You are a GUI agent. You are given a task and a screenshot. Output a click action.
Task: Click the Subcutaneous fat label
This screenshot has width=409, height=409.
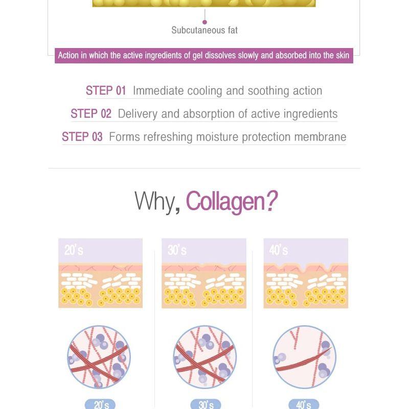(204, 30)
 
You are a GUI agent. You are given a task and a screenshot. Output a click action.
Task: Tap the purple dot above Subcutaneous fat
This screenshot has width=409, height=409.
(205, 22)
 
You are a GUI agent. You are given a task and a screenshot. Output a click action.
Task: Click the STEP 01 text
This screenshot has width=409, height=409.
(106, 91)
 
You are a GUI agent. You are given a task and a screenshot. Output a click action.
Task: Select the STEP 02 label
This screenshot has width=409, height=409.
(91, 113)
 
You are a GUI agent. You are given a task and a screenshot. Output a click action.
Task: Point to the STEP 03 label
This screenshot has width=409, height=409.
(82, 137)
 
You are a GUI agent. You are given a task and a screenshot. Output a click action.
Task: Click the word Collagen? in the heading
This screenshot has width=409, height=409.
(232, 201)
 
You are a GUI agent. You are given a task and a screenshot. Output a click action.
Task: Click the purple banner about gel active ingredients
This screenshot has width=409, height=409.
(203, 56)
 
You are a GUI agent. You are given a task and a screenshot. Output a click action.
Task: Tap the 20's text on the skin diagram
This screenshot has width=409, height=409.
(74, 250)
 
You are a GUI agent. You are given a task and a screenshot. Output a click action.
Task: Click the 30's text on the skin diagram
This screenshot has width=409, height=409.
(177, 250)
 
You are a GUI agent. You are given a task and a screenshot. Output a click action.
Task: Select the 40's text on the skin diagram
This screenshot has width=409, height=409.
(279, 250)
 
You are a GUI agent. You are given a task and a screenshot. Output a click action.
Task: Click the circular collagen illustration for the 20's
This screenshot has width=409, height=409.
(99, 357)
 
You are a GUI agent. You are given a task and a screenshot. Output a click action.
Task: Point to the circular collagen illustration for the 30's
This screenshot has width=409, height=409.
(205, 357)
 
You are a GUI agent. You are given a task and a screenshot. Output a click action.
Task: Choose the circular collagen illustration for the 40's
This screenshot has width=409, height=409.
(304, 357)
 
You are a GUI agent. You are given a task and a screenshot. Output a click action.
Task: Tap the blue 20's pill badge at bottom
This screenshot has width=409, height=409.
(100, 404)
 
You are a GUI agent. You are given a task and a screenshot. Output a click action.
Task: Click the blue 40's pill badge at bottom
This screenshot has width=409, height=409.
(304, 404)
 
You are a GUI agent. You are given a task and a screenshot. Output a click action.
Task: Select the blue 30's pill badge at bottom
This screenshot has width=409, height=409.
(206, 404)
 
